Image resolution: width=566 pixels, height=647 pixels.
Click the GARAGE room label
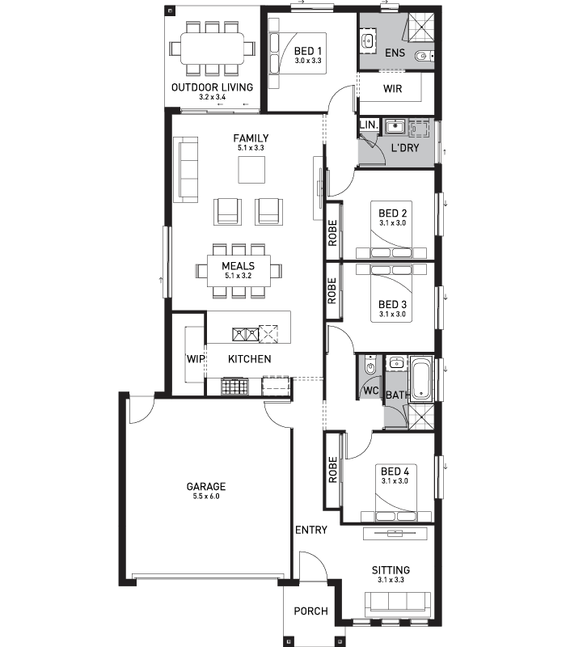(206, 487)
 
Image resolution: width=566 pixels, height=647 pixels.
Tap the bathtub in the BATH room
(421, 378)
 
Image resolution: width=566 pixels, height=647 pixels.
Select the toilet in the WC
(370, 366)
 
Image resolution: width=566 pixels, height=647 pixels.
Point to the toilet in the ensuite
(424, 56)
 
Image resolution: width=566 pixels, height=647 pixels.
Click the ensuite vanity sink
(368, 41)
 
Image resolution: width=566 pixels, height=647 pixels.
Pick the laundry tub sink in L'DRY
(395, 127)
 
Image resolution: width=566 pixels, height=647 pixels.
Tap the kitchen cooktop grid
(234, 387)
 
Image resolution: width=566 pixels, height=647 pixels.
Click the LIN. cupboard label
(369, 125)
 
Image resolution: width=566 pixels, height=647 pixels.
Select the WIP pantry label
(196, 359)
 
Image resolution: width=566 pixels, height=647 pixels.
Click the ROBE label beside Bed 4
(332, 470)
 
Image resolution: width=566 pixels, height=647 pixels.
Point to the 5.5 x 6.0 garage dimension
(206, 497)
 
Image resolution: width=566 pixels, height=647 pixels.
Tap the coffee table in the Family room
(251, 170)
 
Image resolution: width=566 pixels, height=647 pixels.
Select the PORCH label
(310, 611)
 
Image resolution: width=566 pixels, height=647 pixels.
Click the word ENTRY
(311, 530)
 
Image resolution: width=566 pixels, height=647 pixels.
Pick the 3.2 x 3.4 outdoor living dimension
(212, 97)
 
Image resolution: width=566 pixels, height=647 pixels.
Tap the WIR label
(392, 89)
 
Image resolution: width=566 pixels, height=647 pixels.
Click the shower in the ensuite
(421, 27)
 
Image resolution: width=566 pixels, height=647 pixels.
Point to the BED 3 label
(392, 305)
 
